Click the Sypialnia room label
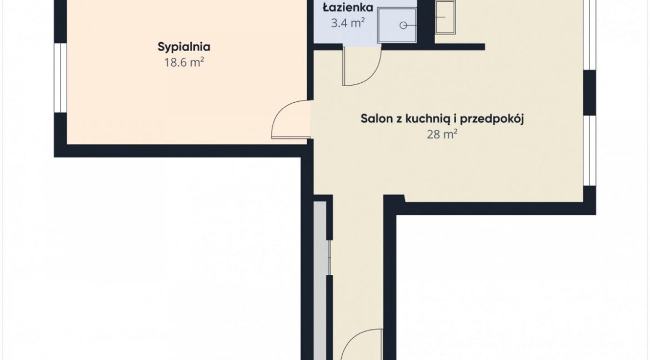(184, 47)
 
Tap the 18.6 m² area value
(184, 63)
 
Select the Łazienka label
(348, 7)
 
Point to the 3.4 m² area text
(348, 23)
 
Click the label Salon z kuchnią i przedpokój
(442, 119)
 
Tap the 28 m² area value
(442, 134)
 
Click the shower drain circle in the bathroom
(403, 26)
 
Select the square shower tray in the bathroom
(397, 24)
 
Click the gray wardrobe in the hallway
(320, 281)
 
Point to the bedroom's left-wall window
(61, 78)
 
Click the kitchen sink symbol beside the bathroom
(445, 17)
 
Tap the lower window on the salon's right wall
(589, 151)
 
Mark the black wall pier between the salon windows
(589, 92)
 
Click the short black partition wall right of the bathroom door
(433, 47)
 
